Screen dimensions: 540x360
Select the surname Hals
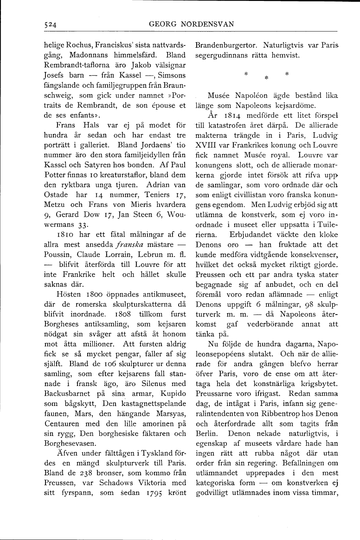[x=95, y=126]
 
